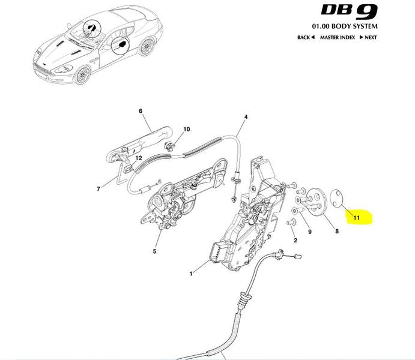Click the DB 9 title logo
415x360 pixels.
(x=349, y=11)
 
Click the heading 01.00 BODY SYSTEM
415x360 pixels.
(x=345, y=26)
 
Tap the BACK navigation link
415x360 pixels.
(x=306, y=38)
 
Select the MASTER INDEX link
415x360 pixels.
(x=338, y=38)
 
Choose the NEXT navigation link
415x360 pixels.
(x=368, y=38)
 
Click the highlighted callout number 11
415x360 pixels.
(x=357, y=218)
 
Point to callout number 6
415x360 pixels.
(x=141, y=111)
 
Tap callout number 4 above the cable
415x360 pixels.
(x=246, y=117)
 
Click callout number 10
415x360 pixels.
(x=187, y=129)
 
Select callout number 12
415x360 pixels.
(x=139, y=158)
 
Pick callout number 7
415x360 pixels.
(x=98, y=189)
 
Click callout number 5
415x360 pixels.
(x=154, y=251)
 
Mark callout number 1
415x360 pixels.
(x=191, y=274)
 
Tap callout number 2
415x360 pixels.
(x=295, y=240)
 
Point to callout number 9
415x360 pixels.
(x=310, y=232)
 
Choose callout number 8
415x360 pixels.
(x=337, y=231)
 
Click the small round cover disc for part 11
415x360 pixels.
(x=337, y=198)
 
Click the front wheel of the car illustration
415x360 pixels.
(x=82, y=75)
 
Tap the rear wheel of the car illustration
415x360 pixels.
(x=147, y=47)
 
